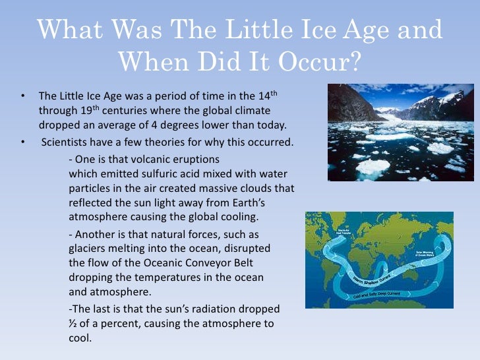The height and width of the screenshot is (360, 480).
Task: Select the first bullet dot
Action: pos(23,96)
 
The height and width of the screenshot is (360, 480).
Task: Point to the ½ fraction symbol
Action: pos(73,324)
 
